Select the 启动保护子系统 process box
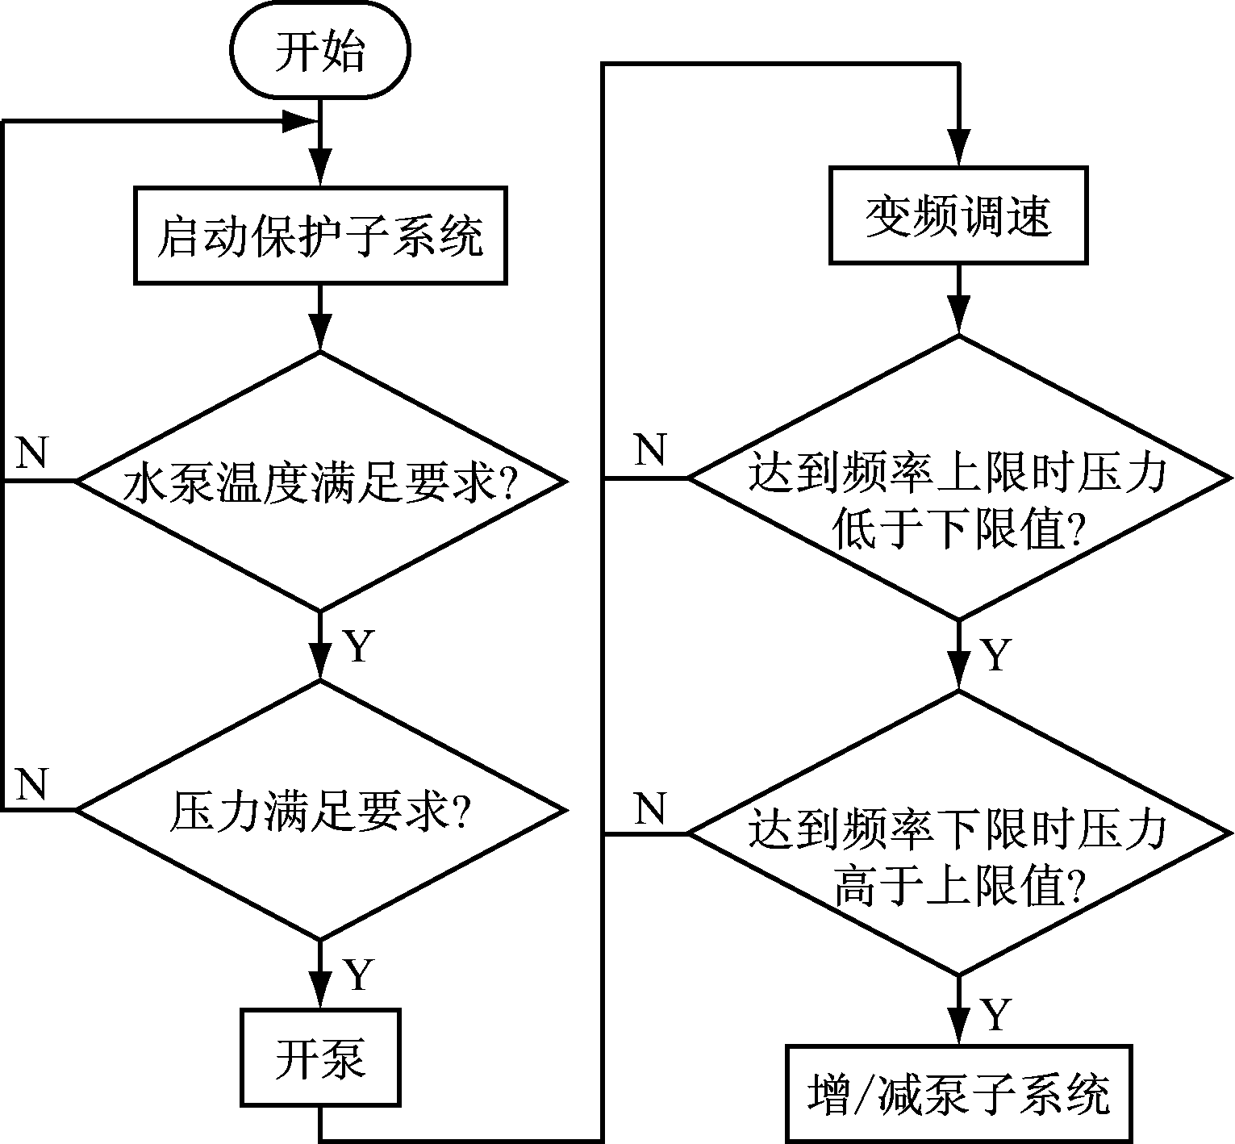pyautogui.click(x=320, y=236)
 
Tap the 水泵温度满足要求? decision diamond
pyautogui.click(x=320, y=482)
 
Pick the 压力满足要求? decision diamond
pyautogui.click(x=320, y=810)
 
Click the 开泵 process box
pyautogui.click(x=320, y=1057)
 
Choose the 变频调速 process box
pyautogui.click(x=958, y=215)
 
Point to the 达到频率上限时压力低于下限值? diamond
pyautogui.click(x=958, y=478)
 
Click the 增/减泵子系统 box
pyautogui.click(x=958, y=1094)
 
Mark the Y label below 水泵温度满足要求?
pyautogui.click(x=357, y=645)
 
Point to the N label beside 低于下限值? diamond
pyautogui.click(x=650, y=449)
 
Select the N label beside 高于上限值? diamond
pyautogui.click(x=650, y=808)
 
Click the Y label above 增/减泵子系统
pyautogui.click(x=995, y=1014)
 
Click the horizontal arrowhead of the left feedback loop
pyautogui.click(x=298, y=123)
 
